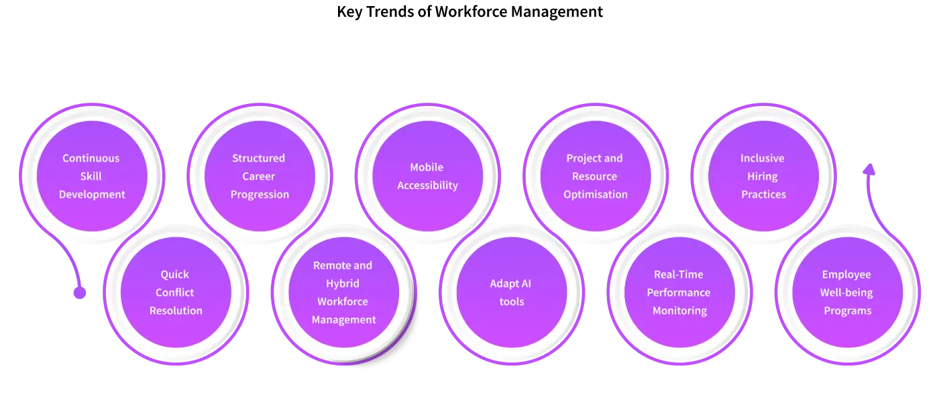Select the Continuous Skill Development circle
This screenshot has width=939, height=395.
(x=93, y=176)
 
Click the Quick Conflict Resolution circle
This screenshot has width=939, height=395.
(x=176, y=292)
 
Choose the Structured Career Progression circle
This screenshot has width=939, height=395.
(x=260, y=176)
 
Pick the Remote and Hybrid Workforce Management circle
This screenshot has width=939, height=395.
(x=343, y=292)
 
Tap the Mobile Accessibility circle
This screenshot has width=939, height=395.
(x=428, y=176)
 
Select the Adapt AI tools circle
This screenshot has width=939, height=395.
(x=512, y=292)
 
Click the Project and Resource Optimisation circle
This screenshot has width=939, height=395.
(x=596, y=176)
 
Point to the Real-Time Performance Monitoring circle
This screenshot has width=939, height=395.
(x=679, y=292)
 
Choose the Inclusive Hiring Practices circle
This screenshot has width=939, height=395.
(x=763, y=176)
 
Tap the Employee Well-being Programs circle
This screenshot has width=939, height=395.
(x=848, y=292)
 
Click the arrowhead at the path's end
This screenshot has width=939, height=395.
(x=869, y=168)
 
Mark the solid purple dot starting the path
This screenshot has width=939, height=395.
(x=80, y=292)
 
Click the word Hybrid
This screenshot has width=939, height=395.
(x=343, y=284)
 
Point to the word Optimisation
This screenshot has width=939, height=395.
(x=596, y=194)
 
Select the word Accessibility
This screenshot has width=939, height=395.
(x=428, y=186)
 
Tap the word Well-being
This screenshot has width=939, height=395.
(x=846, y=292)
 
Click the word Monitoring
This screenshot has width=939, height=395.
(x=680, y=311)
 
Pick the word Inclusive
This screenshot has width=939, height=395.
(x=763, y=158)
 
